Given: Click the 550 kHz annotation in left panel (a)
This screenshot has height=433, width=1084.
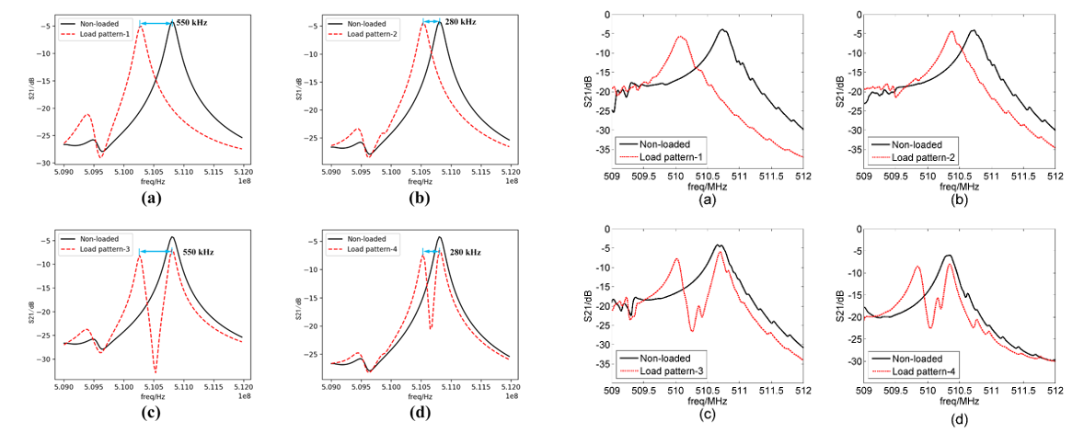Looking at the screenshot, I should [x=191, y=21].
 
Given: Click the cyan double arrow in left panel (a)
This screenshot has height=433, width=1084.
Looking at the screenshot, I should [x=156, y=23].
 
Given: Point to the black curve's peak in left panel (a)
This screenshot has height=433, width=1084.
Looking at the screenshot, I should [x=171, y=21].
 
